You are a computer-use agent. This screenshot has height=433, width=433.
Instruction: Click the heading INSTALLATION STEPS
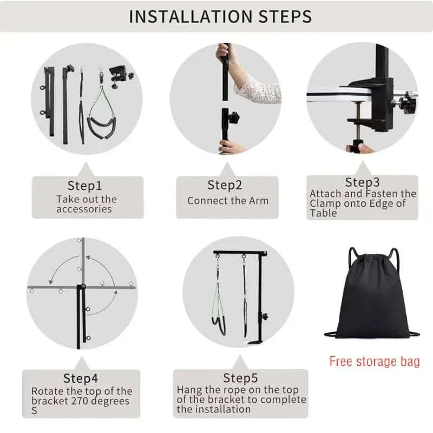(220, 17)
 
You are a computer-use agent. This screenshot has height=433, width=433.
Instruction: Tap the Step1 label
(84, 186)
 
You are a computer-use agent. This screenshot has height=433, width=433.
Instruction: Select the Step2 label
(225, 185)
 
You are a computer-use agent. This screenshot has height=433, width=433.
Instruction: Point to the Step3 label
(362, 182)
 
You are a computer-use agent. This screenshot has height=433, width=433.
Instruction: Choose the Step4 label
(80, 378)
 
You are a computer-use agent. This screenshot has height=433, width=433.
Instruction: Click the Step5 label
(240, 378)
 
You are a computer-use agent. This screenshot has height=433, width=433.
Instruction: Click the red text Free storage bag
(375, 362)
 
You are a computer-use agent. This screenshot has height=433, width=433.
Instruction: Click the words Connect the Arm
(228, 201)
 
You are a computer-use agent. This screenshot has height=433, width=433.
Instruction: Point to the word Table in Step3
(323, 213)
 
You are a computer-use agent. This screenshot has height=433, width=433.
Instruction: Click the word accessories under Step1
(84, 209)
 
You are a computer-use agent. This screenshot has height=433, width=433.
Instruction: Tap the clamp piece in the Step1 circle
(121, 75)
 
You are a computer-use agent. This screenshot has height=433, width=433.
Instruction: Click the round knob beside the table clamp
(409, 103)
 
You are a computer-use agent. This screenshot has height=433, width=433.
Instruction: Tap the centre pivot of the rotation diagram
(83, 287)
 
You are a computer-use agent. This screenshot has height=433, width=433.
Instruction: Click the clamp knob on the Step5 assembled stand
(265, 316)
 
